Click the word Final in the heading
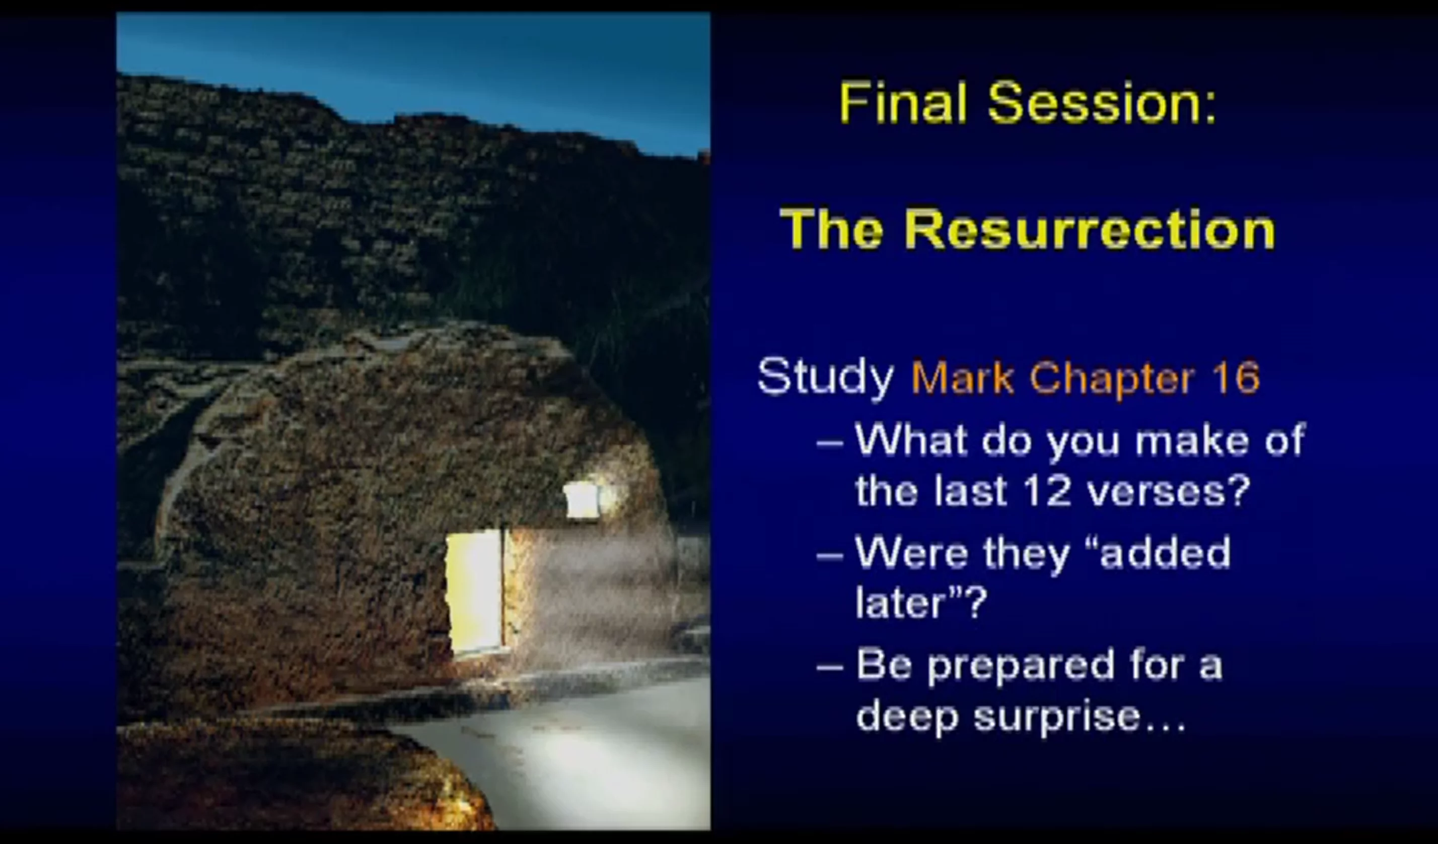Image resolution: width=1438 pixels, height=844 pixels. point(903,103)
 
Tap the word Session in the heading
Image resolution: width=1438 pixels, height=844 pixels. point(1102,103)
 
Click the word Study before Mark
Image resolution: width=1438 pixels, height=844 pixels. point(825,377)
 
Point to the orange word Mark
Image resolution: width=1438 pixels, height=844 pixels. point(963,377)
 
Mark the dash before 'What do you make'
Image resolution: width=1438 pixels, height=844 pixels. point(830,442)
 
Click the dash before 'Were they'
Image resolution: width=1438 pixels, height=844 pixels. point(830,555)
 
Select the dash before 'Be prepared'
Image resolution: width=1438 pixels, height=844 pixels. point(830,667)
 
